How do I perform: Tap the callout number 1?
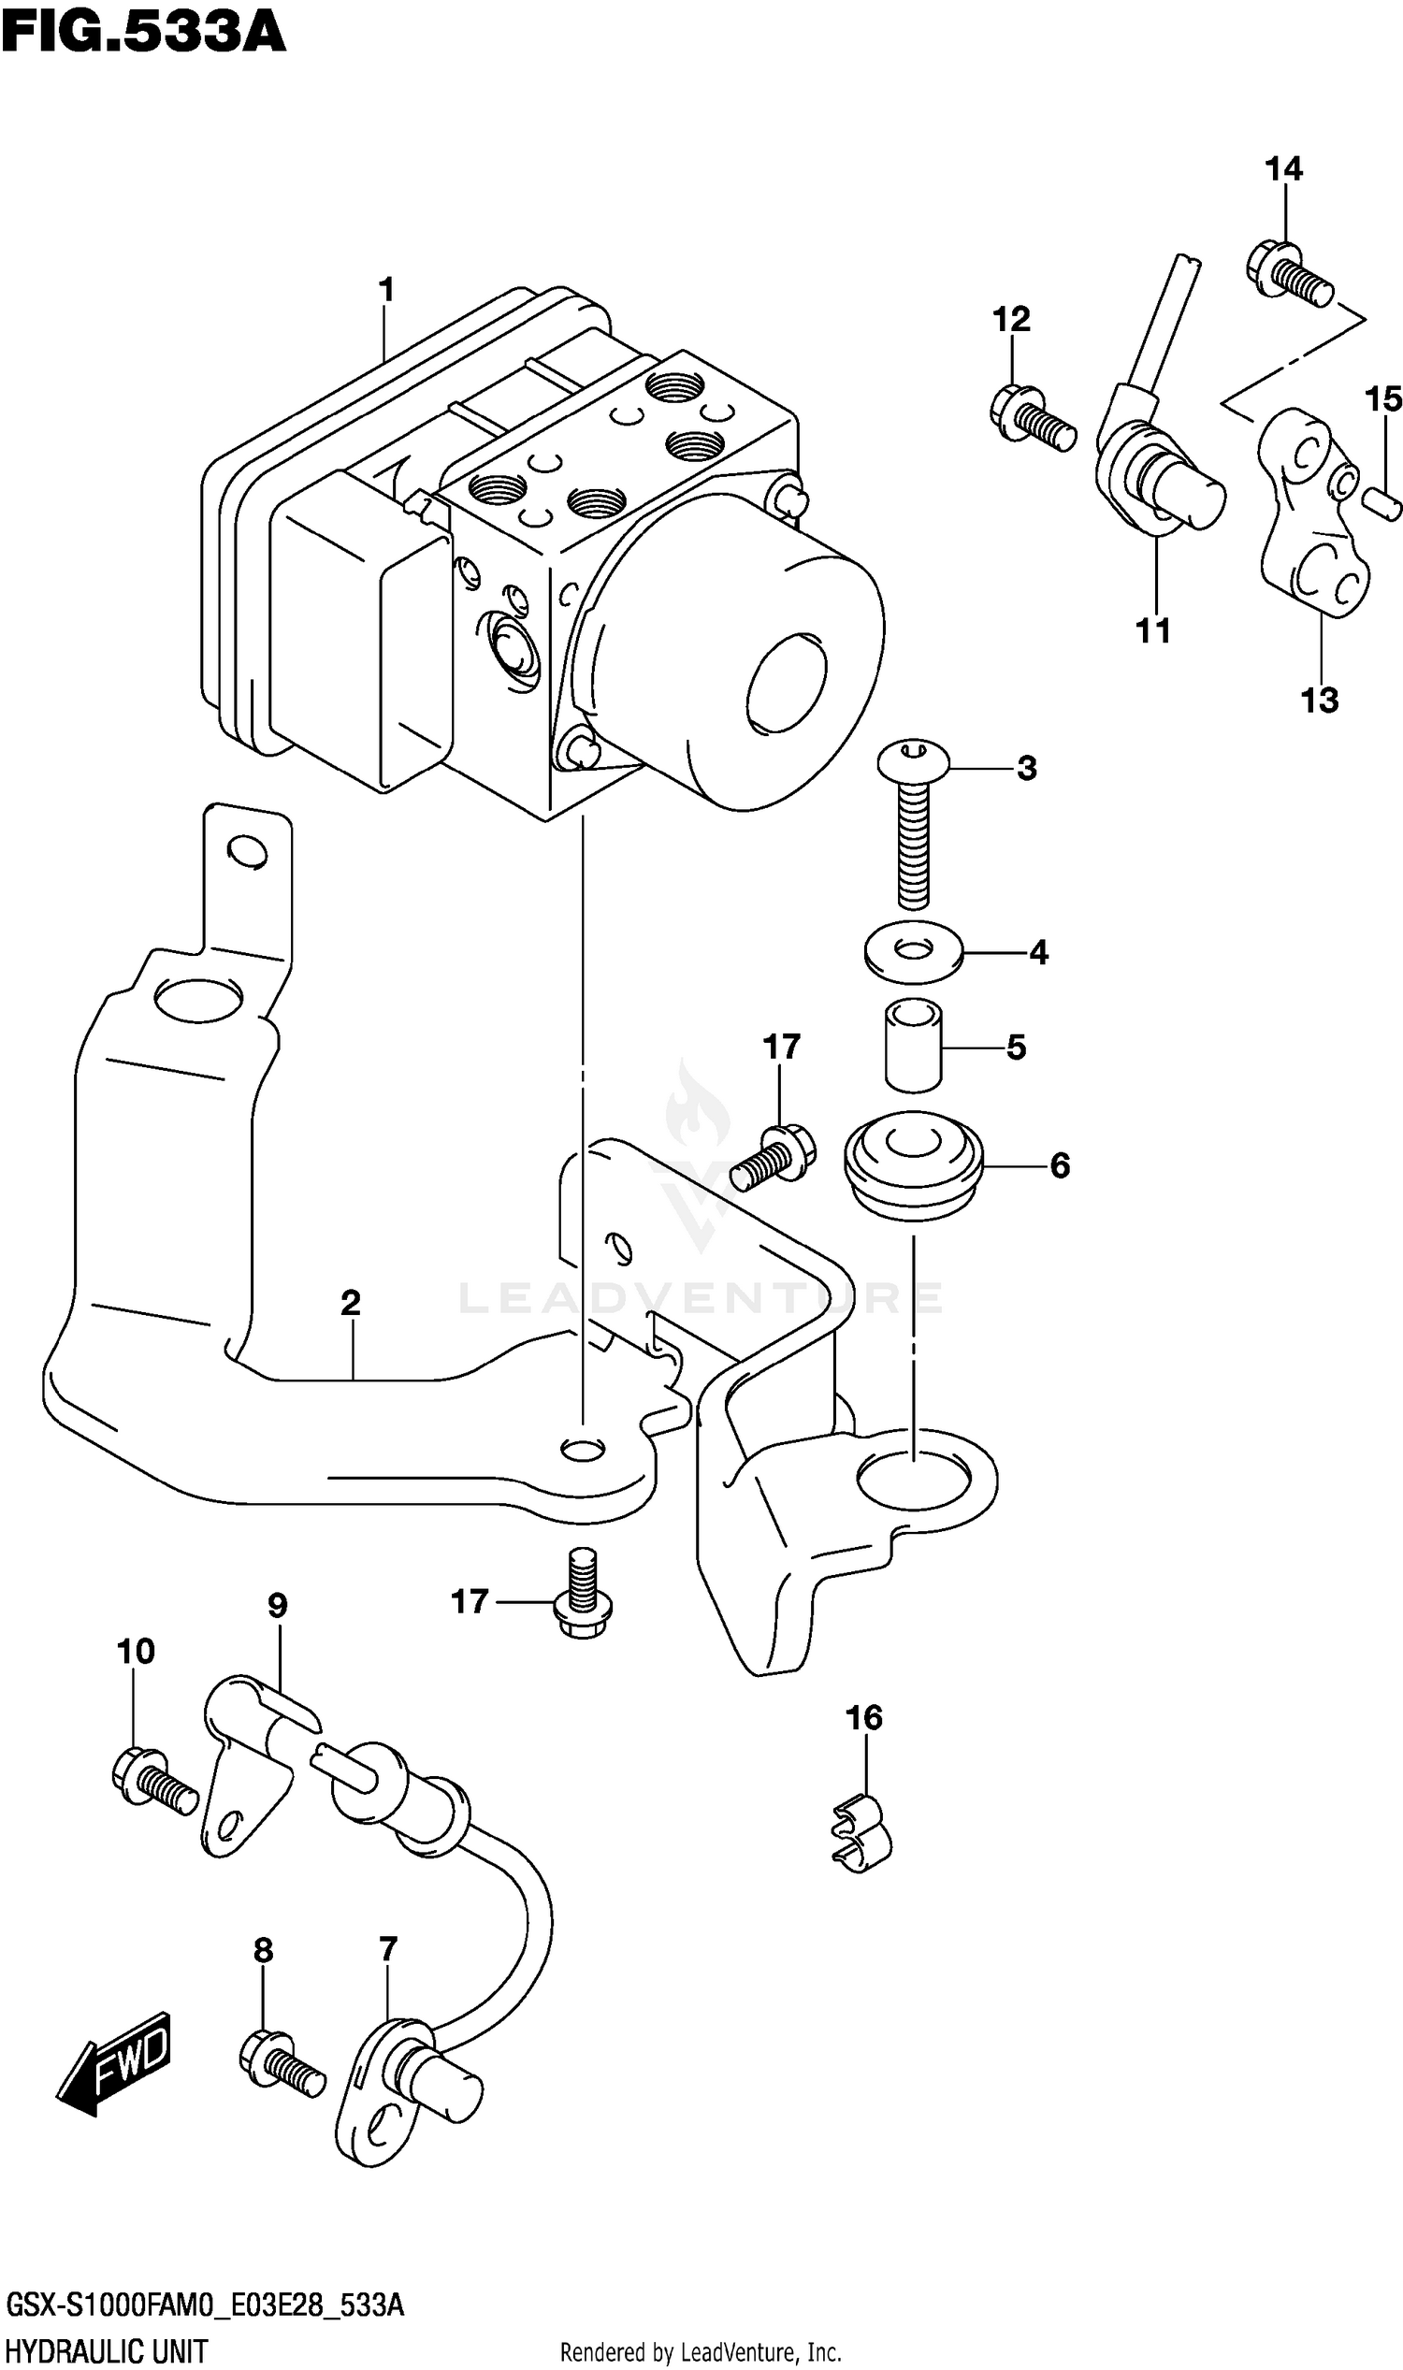pyautogui.click(x=385, y=290)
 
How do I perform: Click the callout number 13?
pyautogui.click(x=1319, y=701)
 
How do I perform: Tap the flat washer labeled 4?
pyautogui.click(x=913, y=951)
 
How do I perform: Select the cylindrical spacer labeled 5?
pyautogui.click(x=913, y=1047)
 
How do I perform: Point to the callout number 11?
pyautogui.click(x=1152, y=630)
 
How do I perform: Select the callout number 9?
pyautogui.click(x=277, y=1605)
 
